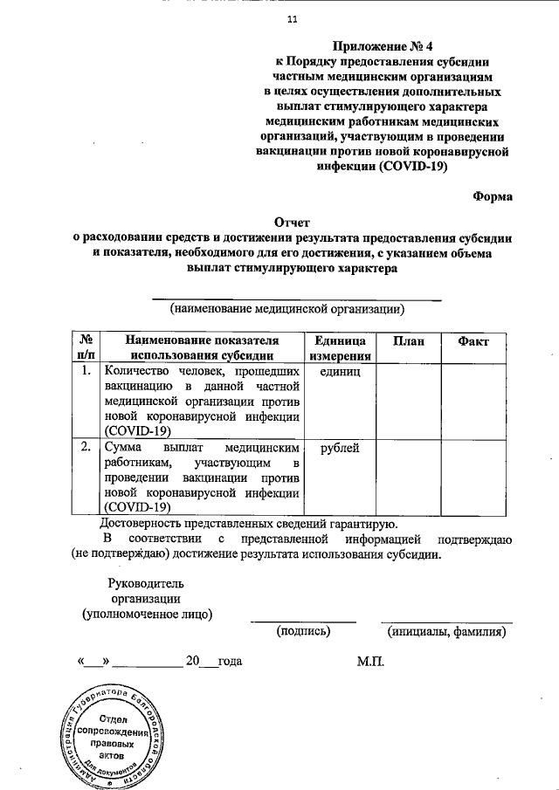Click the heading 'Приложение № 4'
[x=384, y=46]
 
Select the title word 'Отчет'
[x=292, y=223]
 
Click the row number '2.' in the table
[x=86, y=448]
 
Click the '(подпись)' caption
[x=303, y=631]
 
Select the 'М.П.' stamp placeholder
[x=370, y=662]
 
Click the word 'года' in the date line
[x=230, y=662]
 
